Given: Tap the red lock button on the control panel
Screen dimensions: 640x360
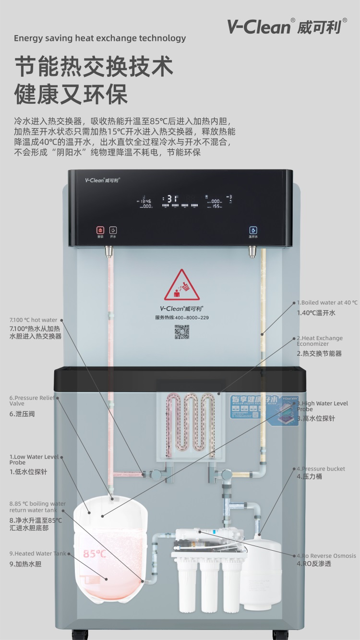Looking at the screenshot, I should click(100, 230).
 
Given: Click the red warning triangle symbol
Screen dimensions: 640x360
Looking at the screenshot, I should click(181, 286).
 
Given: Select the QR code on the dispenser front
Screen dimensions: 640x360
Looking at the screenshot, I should click(181, 332).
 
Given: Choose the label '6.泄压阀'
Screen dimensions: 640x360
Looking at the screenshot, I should click(22, 413).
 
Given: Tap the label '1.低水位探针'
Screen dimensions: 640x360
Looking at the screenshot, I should click(28, 471).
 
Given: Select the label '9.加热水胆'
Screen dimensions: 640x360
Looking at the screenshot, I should click(25, 564).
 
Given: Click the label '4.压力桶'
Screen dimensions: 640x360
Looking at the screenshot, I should click(309, 476).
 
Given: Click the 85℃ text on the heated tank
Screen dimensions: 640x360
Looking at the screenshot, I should click(95, 554).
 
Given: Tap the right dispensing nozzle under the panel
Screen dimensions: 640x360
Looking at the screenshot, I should click(252, 251).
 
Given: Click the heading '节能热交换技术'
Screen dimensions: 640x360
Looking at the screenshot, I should click(93, 66).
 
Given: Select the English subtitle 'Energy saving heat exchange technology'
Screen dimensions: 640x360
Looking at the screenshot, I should click(100, 38).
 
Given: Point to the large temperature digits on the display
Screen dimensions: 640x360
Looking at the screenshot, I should click(172, 198).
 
